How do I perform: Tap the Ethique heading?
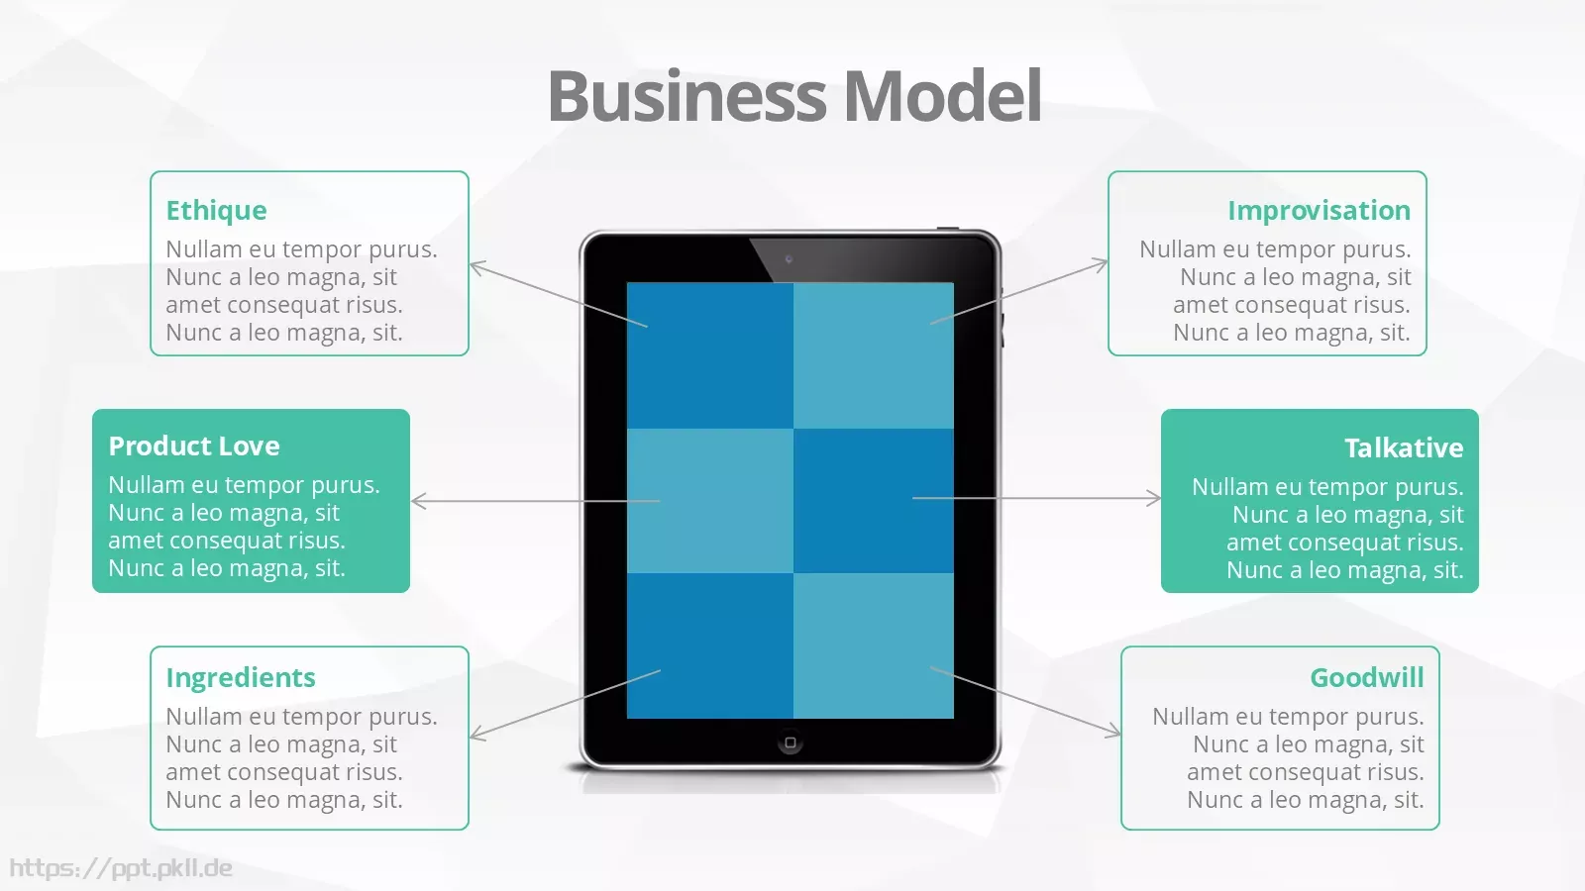(x=217, y=211)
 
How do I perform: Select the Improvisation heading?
(x=1319, y=211)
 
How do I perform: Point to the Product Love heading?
(x=194, y=446)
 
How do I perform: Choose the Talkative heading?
(x=1404, y=447)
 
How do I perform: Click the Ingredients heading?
(x=241, y=678)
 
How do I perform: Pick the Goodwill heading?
(x=1367, y=677)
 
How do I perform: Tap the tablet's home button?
(x=791, y=742)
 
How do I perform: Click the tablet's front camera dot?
(x=789, y=259)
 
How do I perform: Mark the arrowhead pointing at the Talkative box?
(x=1153, y=499)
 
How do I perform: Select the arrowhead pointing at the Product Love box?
(x=418, y=501)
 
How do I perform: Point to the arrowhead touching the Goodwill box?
(x=1113, y=730)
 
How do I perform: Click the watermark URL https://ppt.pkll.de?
(x=121, y=868)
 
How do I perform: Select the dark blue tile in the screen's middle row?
(x=873, y=501)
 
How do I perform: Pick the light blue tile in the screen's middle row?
(x=709, y=501)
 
